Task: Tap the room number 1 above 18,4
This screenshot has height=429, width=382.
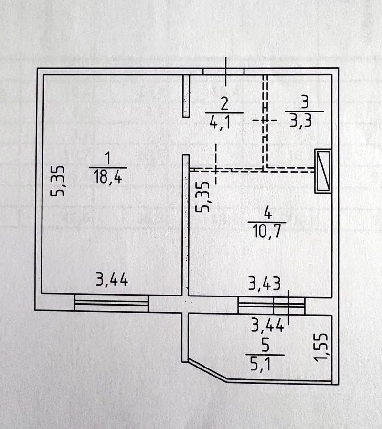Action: [107, 158]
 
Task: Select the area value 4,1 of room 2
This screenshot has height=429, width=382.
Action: [220, 123]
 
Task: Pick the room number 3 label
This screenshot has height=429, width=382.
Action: [305, 102]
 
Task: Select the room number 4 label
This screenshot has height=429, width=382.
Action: [267, 213]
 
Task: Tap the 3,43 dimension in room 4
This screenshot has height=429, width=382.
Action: [264, 285]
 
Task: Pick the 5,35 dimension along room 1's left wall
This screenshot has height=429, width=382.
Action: [58, 181]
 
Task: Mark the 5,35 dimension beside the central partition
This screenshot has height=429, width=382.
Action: [204, 196]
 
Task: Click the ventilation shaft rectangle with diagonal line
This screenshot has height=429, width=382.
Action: [323, 171]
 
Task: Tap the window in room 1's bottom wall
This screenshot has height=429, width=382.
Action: [111, 303]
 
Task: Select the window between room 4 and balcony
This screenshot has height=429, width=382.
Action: [271, 306]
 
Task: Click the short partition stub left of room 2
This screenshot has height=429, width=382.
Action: [186, 95]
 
